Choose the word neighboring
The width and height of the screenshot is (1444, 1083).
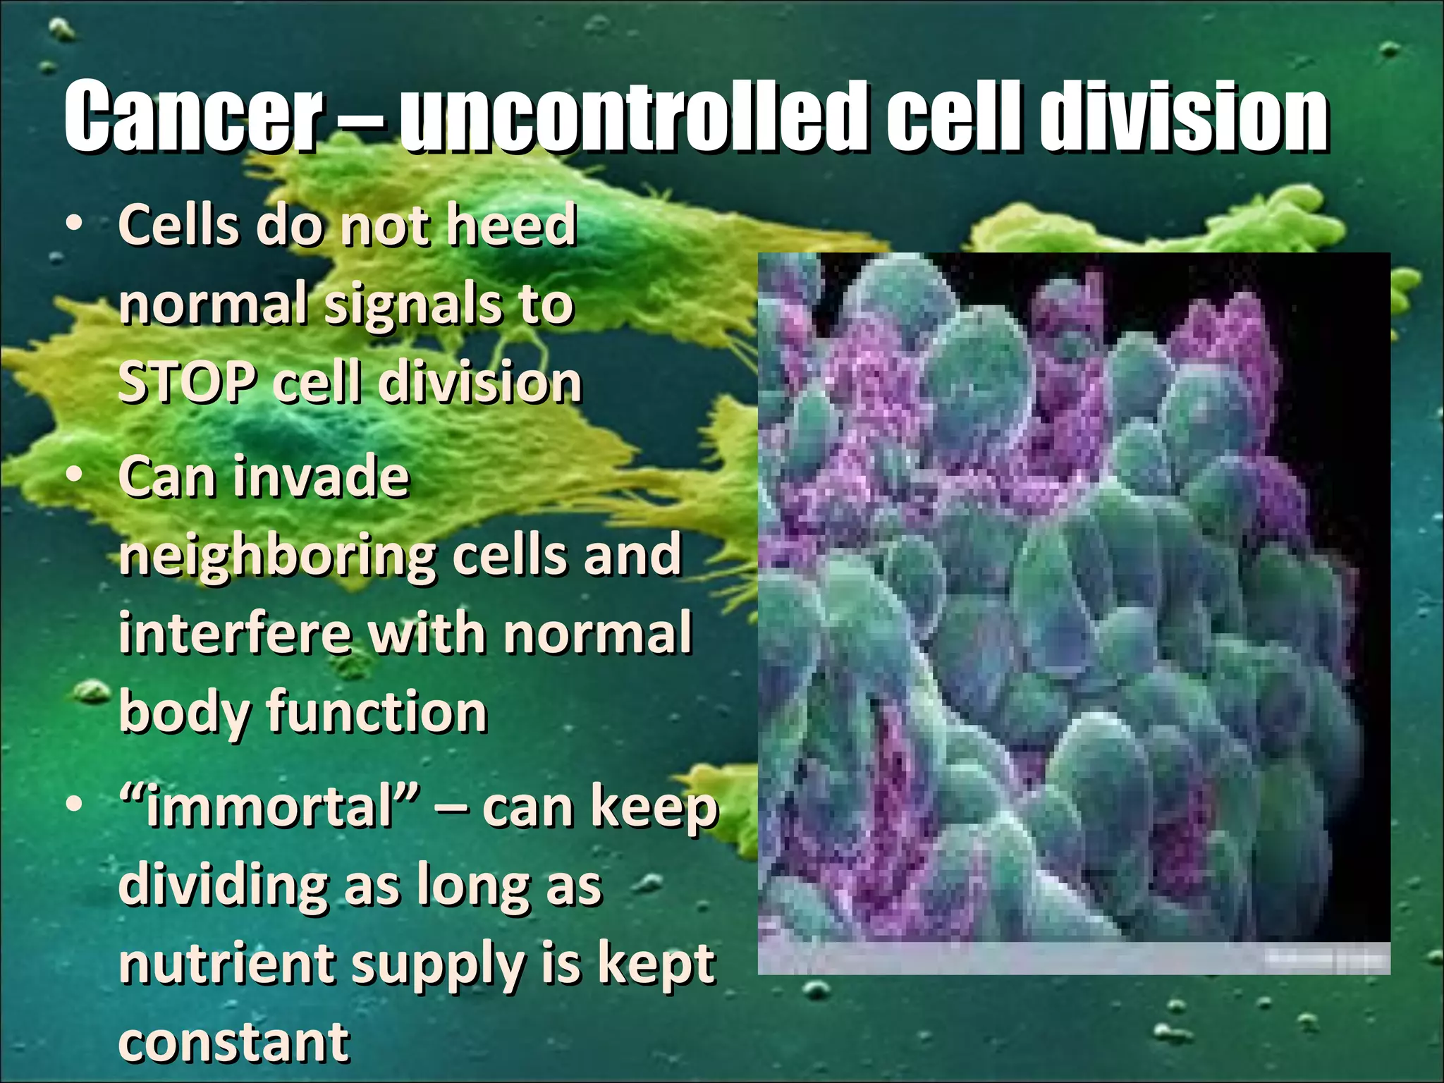[279, 557]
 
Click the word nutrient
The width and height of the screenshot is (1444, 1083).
[226, 965]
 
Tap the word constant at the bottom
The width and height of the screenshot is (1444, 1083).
[233, 1042]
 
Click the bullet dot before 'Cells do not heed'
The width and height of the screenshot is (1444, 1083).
[73, 224]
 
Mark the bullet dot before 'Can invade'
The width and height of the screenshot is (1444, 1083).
[73, 475]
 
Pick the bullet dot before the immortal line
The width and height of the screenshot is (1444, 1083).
[73, 805]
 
